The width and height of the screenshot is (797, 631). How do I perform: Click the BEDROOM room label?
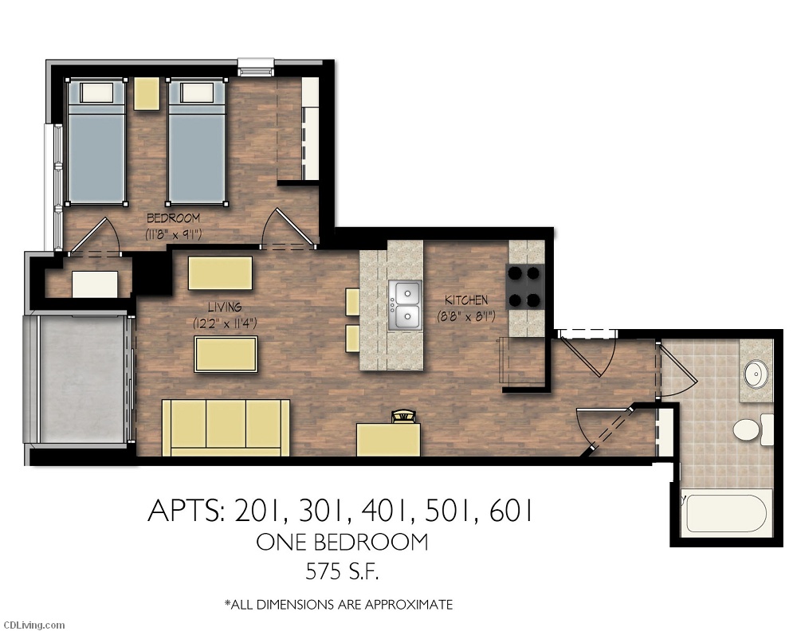[173, 218]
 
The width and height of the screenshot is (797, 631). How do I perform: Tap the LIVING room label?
[224, 307]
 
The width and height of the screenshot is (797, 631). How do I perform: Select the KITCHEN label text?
[465, 300]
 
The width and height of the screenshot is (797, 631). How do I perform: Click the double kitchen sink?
[405, 305]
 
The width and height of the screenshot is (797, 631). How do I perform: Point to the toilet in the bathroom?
[748, 430]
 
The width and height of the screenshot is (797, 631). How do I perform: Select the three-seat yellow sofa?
[226, 427]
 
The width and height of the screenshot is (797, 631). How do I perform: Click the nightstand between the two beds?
[147, 93]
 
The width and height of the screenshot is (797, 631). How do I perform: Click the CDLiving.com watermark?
[33, 625]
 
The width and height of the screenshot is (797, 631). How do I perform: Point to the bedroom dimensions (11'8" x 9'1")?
[173, 234]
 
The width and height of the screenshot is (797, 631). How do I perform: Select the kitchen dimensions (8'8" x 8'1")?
[465, 316]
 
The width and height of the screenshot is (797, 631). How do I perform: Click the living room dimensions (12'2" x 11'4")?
[224, 323]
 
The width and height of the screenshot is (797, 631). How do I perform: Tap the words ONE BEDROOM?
[341, 543]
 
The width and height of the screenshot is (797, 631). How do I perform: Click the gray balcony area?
[78, 378]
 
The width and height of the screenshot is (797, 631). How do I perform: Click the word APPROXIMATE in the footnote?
[408, 605]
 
